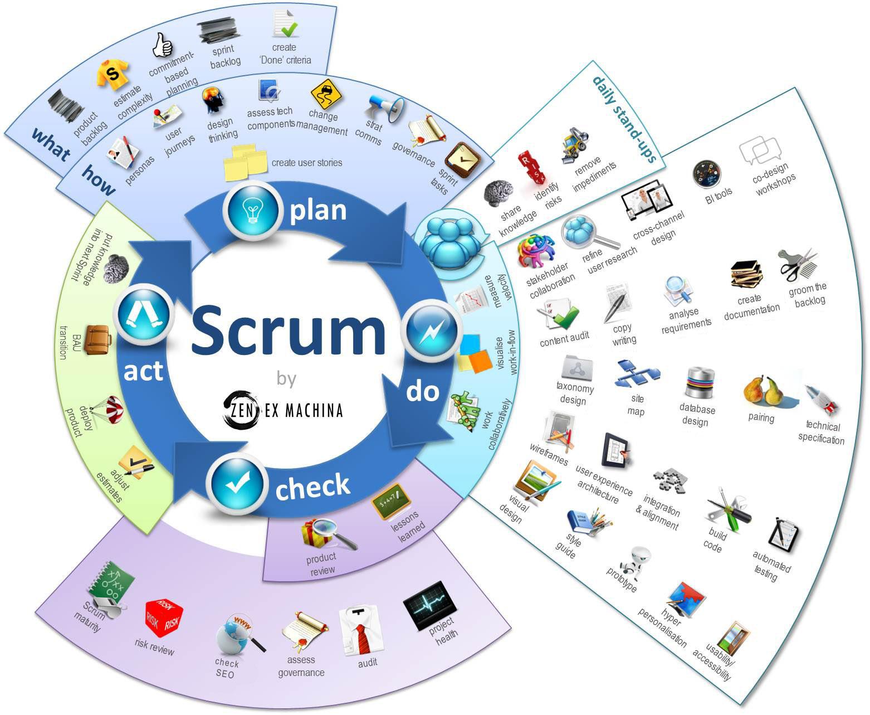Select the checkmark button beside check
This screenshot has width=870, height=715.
point(237,484)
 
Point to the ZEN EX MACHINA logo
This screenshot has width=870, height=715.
point(282,410)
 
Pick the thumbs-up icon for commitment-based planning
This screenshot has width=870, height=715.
point(162,45)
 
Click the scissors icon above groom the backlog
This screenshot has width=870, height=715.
point(798,265)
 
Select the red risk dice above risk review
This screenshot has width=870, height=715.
point(164,619)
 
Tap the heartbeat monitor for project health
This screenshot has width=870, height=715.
point(430,605)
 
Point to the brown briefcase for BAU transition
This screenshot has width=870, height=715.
point(97,339)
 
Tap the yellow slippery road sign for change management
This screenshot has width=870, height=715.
point(325,94)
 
